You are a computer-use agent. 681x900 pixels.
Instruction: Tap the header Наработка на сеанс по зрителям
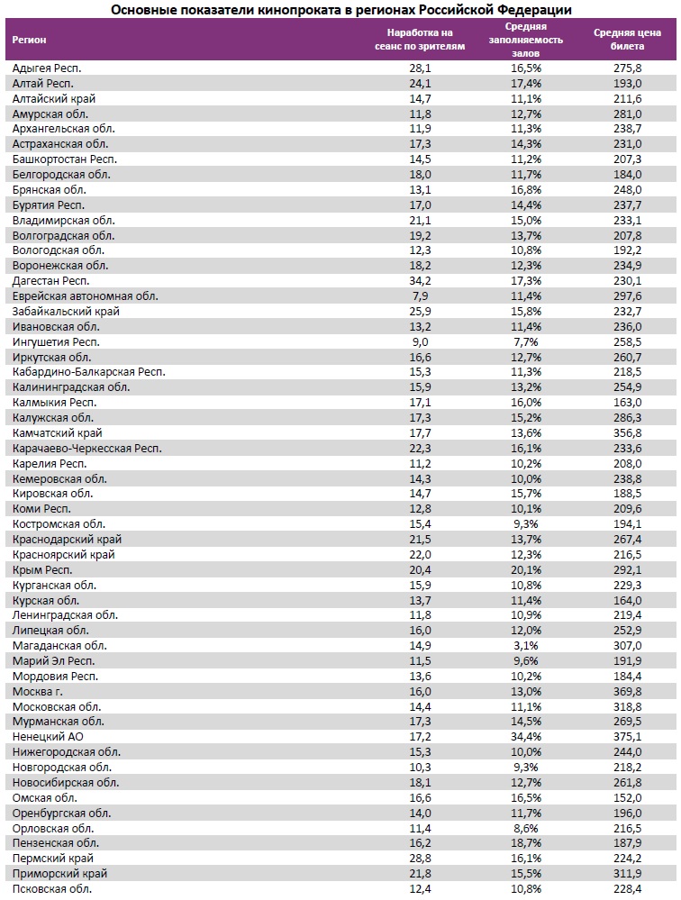pos(420,40)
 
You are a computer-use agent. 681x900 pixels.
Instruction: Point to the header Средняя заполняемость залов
pos(526,40)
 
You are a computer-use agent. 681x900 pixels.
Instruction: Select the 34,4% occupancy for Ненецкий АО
pos(527,737)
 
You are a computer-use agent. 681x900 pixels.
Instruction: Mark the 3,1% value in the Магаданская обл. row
pos(527,645)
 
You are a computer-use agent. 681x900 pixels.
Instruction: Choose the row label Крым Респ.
pos(42,569)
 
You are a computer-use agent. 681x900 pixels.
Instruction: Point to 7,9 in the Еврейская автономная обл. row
pos(420,296)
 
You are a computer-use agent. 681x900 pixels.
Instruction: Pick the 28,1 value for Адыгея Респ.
pos(420,68)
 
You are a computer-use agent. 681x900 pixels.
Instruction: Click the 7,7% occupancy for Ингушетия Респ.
pos(527,341)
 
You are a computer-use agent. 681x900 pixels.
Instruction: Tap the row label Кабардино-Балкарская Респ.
pos(89,372)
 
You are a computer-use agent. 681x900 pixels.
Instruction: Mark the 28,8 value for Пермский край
pos(420,859)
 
